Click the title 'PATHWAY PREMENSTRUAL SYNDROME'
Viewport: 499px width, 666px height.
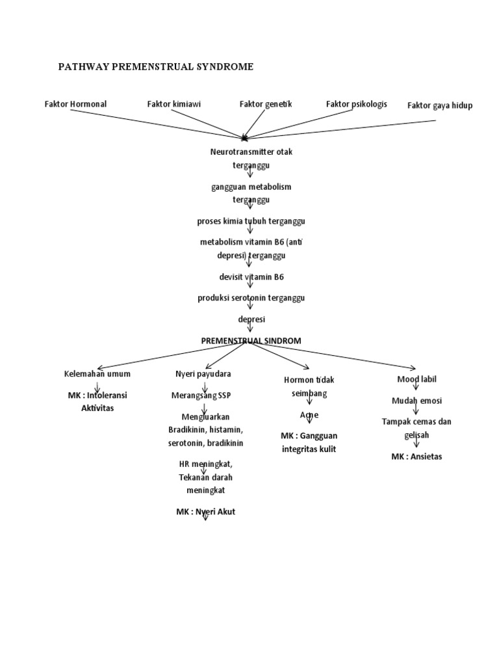coord(155,66)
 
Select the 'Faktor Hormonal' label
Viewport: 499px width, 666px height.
coord(75,104)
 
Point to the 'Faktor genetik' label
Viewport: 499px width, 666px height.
coord(266,104)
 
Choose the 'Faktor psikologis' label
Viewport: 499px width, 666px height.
coord(356,104)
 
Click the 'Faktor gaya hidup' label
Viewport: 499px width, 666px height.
coord(440,105)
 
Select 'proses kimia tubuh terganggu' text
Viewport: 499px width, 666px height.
coord(251,221)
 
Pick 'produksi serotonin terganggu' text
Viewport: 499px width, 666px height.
coord(251,298)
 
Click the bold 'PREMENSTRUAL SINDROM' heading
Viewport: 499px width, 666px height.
coord(251,340)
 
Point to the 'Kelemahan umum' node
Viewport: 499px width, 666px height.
coord(97,374)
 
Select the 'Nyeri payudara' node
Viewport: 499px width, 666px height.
coord(203,374)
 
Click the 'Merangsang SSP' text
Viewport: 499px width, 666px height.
coord(201,395)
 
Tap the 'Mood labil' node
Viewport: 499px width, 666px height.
coord(416,379)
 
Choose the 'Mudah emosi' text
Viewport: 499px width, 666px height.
coord(416,401)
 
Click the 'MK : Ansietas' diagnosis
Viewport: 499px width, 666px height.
coord(416,457)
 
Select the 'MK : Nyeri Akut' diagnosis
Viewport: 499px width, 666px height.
coord(205,512)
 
